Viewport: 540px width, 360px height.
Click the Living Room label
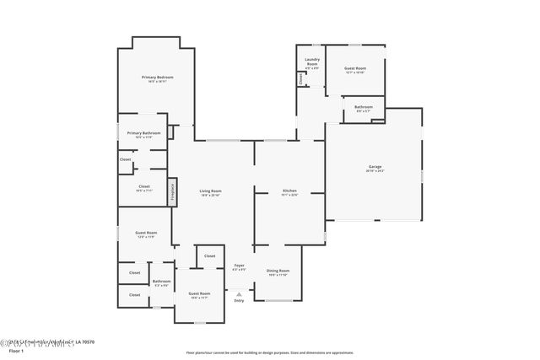[210, 191]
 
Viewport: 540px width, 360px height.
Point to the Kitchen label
[289, 191]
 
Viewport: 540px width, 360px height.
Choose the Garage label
[375, 167]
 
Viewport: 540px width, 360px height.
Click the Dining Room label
[278, 271]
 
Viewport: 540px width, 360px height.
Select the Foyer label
[240, 266]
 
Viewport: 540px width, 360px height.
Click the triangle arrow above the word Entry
[239, 293]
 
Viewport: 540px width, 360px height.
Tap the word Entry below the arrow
[239, 300]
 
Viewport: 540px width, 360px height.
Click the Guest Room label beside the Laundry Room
[355, 68]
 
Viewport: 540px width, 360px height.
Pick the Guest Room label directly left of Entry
[199, 295]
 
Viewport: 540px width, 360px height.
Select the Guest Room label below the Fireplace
[146, 233]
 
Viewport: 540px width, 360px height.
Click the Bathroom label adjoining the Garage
[364, 107]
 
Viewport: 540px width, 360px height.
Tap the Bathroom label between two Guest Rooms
[161, 282]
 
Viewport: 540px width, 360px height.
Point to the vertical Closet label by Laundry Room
[300, 78]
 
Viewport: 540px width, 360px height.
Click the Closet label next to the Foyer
[209, 255]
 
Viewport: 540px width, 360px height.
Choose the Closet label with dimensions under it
[143, 187]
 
